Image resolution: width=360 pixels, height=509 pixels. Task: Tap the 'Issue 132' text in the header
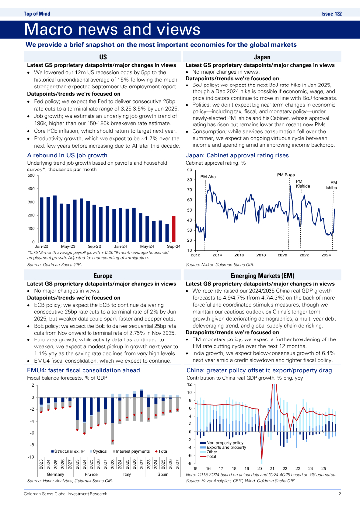[332, 14]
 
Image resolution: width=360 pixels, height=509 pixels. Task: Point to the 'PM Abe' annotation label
[207, 177]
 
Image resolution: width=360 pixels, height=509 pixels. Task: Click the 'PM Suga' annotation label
[285, 175]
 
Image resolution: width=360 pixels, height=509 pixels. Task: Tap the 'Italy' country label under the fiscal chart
[127, 475]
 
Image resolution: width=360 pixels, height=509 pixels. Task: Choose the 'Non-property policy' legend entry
[223, 442]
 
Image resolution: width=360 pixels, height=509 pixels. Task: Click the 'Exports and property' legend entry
[225, 447]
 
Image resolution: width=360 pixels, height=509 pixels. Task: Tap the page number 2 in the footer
[339, 494]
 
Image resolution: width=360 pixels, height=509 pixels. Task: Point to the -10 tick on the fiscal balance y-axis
[30, 457]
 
